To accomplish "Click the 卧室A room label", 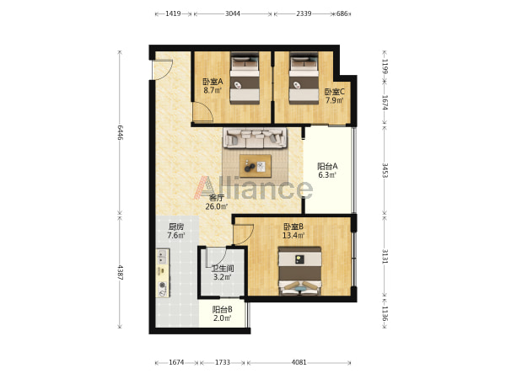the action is [x=213, y=82].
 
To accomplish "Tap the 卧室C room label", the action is [x=334, y=92].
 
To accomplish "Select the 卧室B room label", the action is [x=293, y=227].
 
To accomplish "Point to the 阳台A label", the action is [x=327, y=166].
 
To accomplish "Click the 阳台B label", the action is [x=223, y=310].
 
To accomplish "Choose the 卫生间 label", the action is [x=223, y=268].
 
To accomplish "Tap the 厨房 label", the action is [x=176, y=227].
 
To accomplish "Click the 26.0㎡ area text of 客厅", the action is [x=217, y=206].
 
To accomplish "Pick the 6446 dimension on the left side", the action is [x=120, y=132].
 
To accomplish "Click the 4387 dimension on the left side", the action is [x=120, y=272].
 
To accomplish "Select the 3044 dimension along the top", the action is [x=233, y=13].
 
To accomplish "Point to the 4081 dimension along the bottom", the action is [x=299, y=362].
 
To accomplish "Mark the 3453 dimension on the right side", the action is [x=385, y=170].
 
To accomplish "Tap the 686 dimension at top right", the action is [x=342, y=13].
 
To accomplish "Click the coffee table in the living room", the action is [x=256, y=166].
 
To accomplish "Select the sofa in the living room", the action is [x=256, y=138].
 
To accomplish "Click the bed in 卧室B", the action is [x=300, y=271].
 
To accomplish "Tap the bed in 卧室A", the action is [x=245, y=78].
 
